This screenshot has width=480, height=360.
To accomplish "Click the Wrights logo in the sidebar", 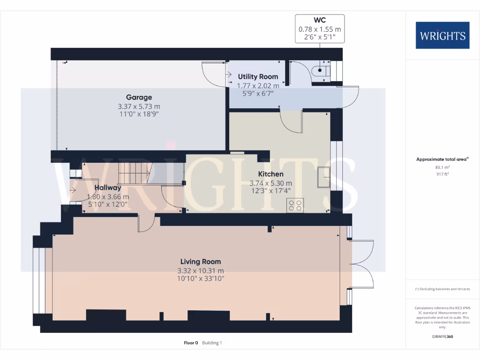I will (442, 36).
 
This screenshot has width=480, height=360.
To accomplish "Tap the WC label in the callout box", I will (320, 21).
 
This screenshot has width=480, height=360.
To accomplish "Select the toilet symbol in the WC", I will (323, 71).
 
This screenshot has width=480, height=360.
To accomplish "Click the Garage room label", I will (139, 97).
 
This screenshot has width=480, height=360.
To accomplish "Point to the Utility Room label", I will (258, 76).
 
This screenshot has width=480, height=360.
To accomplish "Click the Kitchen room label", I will (271, 174).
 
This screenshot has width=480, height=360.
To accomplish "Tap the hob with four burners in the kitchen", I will (295, 206).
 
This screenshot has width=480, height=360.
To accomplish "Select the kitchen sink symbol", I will (324, 176).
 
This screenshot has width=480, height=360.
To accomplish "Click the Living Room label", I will (201, 262).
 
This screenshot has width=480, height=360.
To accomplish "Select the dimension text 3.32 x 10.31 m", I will (201, 271).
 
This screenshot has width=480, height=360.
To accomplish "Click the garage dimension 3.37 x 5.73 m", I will (139, 107).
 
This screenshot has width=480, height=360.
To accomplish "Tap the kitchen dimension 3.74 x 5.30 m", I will (271, 183).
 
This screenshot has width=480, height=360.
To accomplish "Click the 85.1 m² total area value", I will (442, 167).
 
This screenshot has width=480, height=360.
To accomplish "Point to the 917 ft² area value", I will (442, 174).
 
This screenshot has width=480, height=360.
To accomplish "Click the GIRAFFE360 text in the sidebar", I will (442, 337).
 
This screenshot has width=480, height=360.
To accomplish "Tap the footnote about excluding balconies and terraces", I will (442, 289).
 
